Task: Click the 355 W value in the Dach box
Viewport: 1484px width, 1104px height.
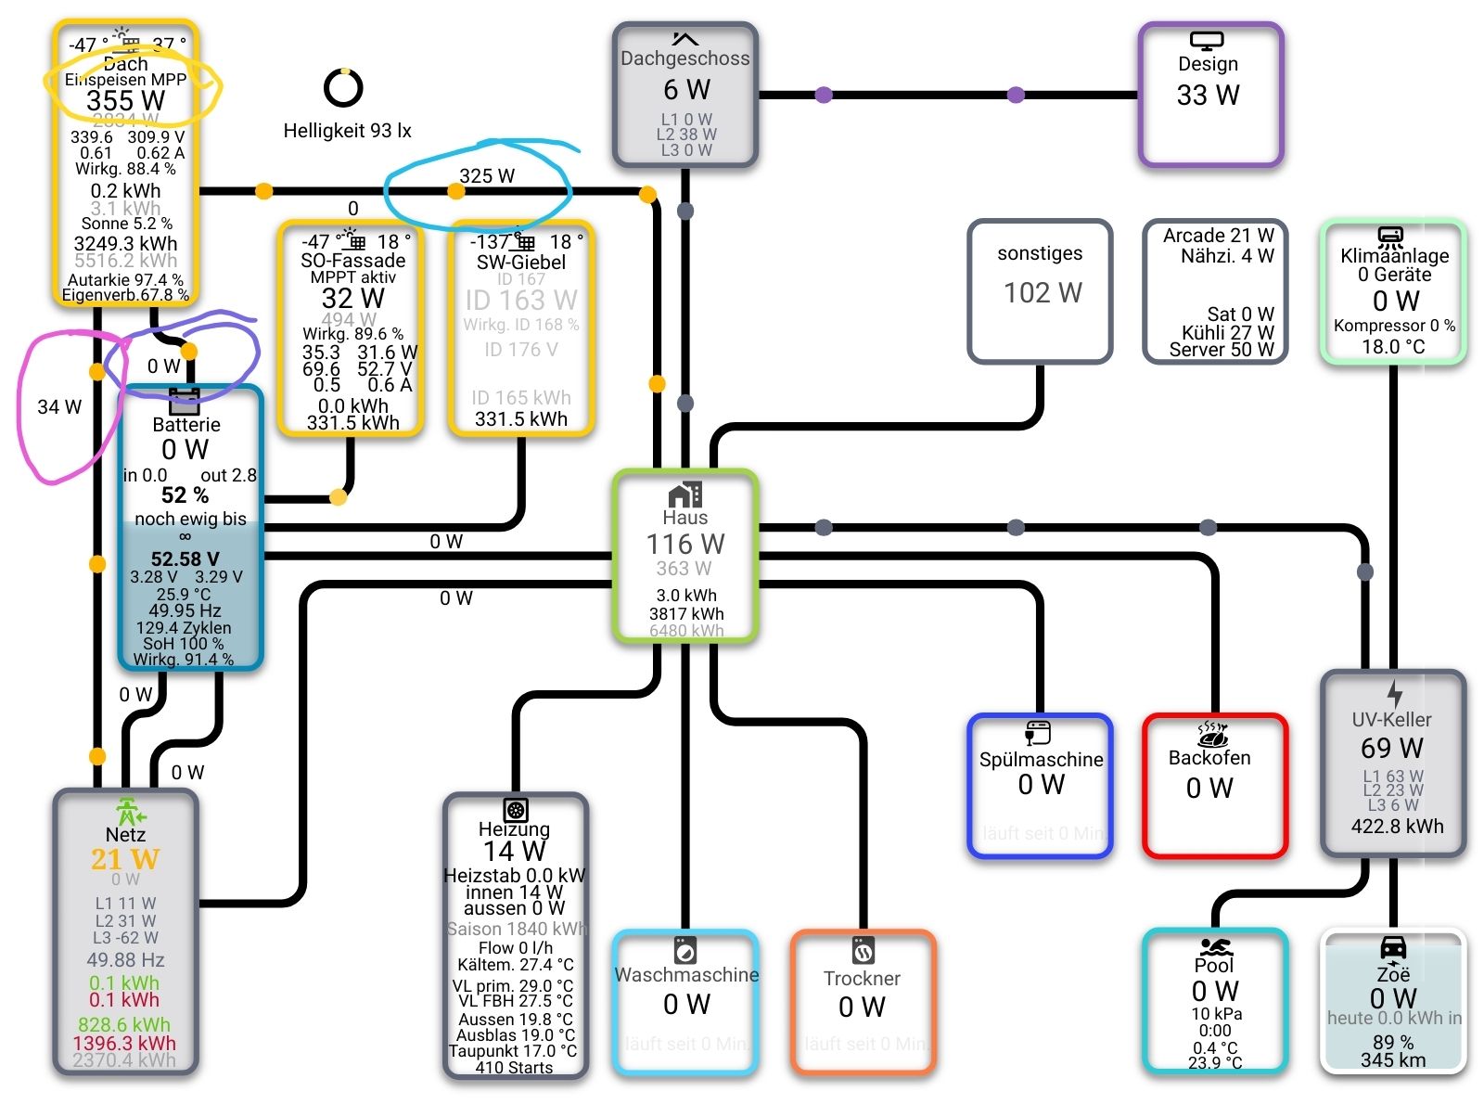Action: click(125, 100)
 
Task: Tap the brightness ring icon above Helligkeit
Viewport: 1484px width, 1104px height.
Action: click(343, 88)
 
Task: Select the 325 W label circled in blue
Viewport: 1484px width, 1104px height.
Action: click(487, 175)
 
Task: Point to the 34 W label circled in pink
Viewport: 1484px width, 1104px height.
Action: click(59, 406)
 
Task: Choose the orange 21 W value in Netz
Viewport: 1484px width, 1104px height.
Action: click(125, 859)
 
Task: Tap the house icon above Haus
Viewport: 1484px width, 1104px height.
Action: click(685, 494)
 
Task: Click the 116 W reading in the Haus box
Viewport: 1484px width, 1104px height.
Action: click(685, 544)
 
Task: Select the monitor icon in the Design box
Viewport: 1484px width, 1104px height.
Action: click(1207, 41)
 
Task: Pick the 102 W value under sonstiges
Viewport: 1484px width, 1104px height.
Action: click(1043, 293)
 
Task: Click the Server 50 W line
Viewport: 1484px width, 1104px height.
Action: click(1222, 350)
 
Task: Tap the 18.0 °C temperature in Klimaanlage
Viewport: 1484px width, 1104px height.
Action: click(1393, 347)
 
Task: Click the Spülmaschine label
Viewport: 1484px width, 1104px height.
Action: click(1041, 760)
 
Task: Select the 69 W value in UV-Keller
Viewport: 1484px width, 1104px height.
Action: click(1392, 748)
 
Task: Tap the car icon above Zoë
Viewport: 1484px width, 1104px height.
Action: click(1393, 947)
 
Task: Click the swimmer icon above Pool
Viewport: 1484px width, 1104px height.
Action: click(1215, 947)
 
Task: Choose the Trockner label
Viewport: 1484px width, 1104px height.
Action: click(862, 979)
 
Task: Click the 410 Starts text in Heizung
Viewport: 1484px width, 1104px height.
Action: click(514, 1068)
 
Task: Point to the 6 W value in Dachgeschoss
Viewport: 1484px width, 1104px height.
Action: click(686, 90)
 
